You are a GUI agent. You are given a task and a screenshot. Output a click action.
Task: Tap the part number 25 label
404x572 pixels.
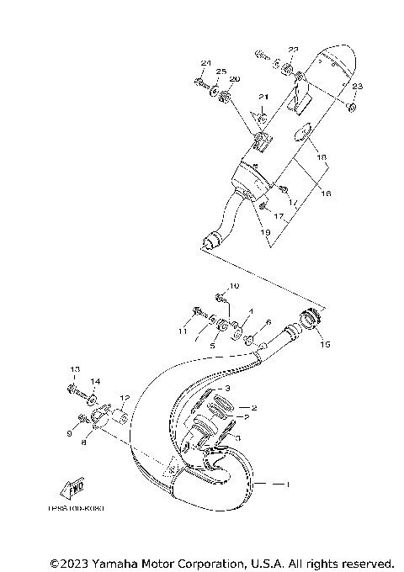pyautogui.click(x=221, y=71)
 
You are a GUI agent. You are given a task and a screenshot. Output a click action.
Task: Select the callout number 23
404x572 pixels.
pyautogui.click(x=357, y=87)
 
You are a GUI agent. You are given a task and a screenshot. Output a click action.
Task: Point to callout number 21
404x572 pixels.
pyautogui.click(x=263, y=97)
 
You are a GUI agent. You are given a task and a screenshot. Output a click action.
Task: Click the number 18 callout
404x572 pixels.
pyautogui.click(x=321, y=157)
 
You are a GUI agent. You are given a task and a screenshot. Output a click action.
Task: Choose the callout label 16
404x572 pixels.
pyautogui.click(x=325, y=193)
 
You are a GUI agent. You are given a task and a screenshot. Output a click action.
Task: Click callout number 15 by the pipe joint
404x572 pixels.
pyautogui.click(x=326, y=343)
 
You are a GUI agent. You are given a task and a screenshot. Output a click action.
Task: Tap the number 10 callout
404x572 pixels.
pyautogui.click(x=234, y=287)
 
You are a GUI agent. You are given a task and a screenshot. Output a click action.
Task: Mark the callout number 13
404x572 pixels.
pyautogui.click(x=74, y=370)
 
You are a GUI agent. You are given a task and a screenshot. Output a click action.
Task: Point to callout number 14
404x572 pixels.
pyautogui.click(x=95, y=381)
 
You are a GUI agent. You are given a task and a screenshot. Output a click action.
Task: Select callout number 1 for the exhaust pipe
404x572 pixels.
pyautogui.click(x=287, y=485)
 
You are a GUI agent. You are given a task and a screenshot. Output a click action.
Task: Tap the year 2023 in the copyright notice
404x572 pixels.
pyautogui.click(x=77, y=562)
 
